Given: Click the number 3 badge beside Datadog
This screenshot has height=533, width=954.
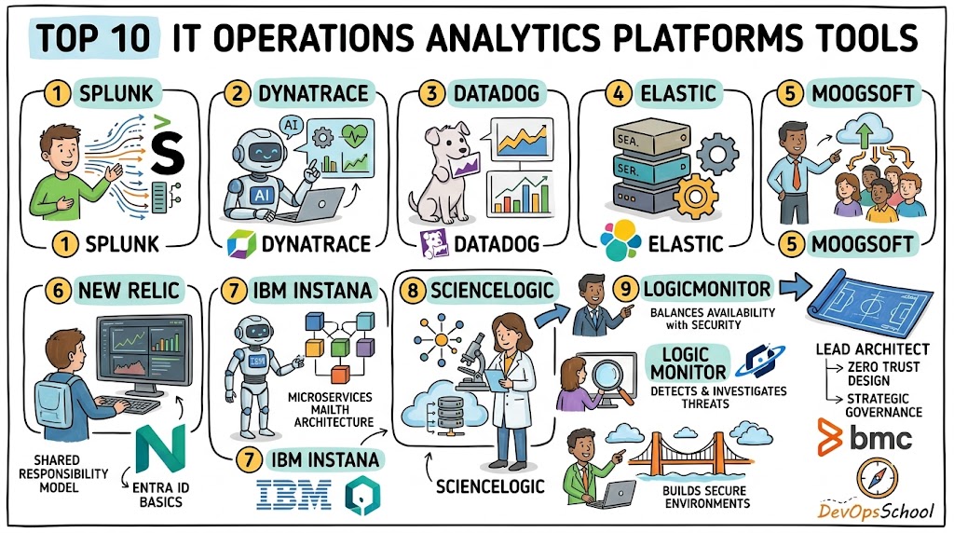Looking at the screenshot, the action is pos(431,94).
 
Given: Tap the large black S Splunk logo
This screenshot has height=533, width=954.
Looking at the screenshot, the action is pos(168,152).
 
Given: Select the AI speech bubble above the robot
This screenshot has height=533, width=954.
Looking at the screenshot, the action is pos(292,126).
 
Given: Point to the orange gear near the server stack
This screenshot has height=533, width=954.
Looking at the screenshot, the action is pos(696,196).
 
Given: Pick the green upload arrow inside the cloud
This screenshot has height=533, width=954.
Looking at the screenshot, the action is pos(864,134).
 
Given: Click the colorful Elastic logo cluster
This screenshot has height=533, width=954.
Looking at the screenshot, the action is pos(620,240).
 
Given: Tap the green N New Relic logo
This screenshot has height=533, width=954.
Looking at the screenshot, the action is pos(160,449).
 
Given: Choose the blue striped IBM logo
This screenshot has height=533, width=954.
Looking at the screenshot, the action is pos(294,494).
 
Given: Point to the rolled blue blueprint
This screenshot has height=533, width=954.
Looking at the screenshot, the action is pos(870,303).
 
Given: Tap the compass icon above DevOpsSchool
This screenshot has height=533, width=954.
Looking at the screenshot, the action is pos(877,478).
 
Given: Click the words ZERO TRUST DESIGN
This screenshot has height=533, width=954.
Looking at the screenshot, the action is pos(883,374).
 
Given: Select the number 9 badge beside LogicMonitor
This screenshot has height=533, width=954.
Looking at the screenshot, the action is pos(625,289).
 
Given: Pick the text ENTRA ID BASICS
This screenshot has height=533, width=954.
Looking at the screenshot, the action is pos(160,495).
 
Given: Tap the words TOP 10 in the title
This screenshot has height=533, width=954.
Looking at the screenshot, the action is pos(94,37).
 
